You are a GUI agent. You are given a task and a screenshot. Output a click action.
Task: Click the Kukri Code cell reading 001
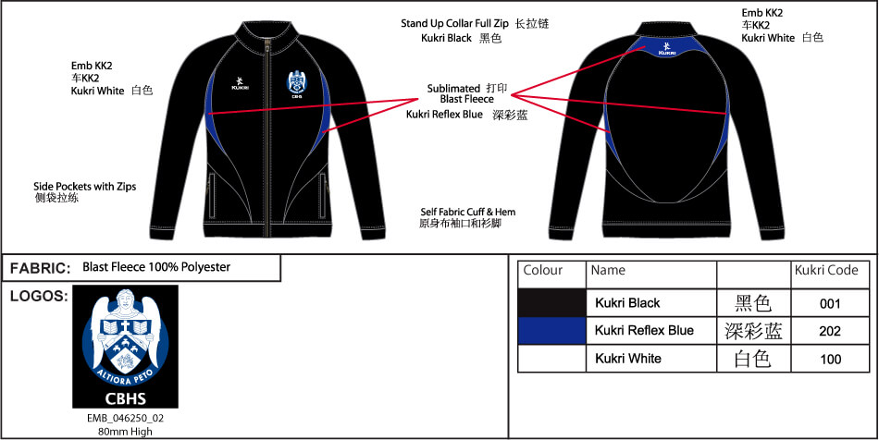[x=830, y=303]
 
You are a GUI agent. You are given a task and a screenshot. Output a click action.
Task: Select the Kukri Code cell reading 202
[x=830, y=331]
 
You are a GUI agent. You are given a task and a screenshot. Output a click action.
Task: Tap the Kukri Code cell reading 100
[x=830, y=359]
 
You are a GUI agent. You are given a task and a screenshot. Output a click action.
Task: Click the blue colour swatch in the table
[x=552, y=331]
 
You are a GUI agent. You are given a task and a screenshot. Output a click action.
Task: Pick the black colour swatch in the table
[x=552, y=303]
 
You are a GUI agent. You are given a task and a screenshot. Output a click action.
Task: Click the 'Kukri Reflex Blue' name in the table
[x=644, y=331]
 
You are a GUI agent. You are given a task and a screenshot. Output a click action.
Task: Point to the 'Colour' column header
[x=543, y=271]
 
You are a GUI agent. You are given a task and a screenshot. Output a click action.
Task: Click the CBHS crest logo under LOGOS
[x=125, y=347]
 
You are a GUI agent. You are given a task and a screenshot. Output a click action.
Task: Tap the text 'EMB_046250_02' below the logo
[x=125, y=418]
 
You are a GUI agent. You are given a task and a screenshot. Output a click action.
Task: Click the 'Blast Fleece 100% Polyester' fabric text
[x=156, y=267]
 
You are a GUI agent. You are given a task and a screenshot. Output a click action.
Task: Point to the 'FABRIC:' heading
[x=41, y=268]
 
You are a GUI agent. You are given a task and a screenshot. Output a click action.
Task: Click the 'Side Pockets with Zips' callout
[x=84, y=186]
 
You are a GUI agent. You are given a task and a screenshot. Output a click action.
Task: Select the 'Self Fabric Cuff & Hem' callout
[x=467, y=213]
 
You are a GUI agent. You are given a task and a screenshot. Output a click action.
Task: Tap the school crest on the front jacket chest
[x=297, y=83]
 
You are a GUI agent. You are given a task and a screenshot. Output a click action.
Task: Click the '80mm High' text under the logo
[x=125, y=431]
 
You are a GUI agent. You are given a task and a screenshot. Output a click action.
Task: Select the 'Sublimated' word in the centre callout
[x=453, y=89]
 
